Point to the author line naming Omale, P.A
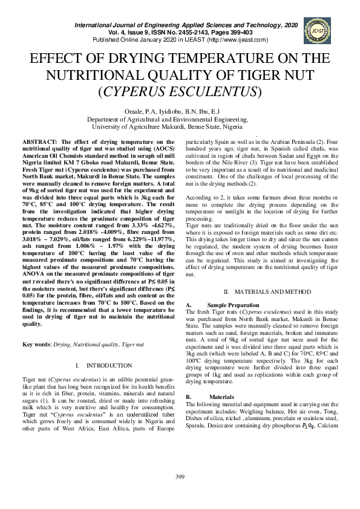[x=180, y=111]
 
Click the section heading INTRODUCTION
[x=109, y=366]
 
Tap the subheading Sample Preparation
[x=233, y=305]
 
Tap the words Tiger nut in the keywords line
[x=131, y=344]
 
